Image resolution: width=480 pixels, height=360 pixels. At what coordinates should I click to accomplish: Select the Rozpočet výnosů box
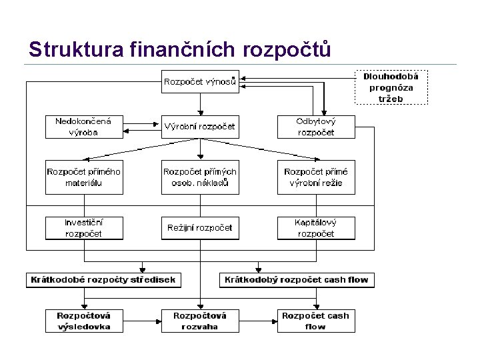pos(199,83)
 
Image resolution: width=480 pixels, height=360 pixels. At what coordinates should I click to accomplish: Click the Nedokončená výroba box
pos(84,127)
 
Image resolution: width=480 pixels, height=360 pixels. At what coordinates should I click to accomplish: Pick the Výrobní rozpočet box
pos(199,127)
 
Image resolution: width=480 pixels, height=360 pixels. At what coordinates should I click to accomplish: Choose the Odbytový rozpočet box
pos(316,127)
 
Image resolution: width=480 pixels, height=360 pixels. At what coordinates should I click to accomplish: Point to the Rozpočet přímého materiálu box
pos(84,177)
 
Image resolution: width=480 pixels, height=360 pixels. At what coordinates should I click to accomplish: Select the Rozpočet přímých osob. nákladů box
pos(199,177)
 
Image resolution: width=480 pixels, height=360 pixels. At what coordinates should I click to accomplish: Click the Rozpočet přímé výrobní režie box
pos(316,177)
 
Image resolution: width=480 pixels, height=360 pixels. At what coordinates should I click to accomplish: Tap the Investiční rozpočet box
pos(84,228)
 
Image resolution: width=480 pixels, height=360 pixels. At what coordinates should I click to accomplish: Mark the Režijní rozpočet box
pos(199,228)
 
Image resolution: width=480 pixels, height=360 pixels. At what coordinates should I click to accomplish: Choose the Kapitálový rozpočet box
pos(316,228)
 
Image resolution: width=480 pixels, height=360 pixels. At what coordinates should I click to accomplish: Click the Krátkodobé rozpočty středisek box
pos(103,279)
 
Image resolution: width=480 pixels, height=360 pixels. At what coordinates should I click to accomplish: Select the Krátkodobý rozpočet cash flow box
pos(297,279)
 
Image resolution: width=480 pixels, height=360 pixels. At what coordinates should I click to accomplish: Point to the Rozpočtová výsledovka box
pos(84,321)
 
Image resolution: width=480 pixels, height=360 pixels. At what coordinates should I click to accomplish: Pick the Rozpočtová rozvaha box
pos(199,321)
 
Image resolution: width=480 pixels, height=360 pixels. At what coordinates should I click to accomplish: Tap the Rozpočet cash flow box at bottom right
pos(316,321)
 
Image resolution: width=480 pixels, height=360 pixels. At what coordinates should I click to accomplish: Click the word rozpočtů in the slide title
pos(288,49)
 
